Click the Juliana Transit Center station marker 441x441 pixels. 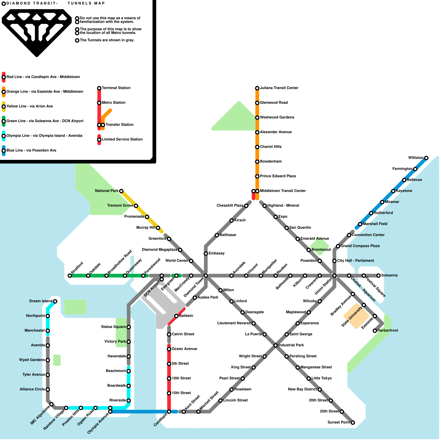point(257,88)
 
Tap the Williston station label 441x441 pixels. point(416,158)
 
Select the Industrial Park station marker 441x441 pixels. point(276,345)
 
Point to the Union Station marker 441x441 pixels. point(334,276)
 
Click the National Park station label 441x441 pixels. point(107,191)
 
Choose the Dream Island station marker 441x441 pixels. point(55,301)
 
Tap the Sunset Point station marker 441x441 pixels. point(353,423)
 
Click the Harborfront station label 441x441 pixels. point(388,330)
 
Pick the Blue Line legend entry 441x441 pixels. point(31,150)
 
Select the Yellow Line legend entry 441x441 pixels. point(29,106)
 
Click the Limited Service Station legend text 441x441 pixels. point(122,139)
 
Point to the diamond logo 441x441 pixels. point(37,32)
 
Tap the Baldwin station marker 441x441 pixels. point(176,316)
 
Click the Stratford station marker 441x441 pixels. point(70,276)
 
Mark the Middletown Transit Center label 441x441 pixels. point(283,191)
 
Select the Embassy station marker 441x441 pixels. point(206,254)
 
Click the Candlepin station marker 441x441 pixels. point(169,412)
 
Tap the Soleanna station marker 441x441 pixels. point(378,276)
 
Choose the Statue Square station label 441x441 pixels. point(113,327)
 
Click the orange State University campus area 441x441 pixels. point(356,316)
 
